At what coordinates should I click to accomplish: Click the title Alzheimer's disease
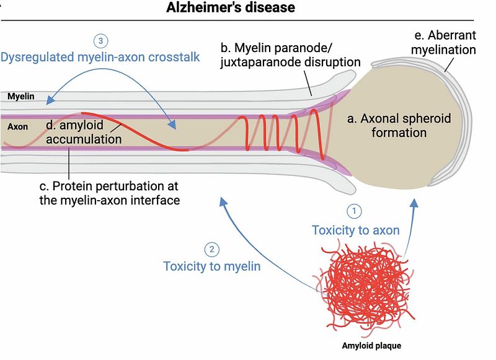click(x=231, y=8)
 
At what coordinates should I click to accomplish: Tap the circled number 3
click(x=100, y=41)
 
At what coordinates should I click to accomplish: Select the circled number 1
click(x=354, y=211)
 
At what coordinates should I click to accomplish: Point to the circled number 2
click(x=211, y=250)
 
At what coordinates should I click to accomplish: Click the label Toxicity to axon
click(x=355, y=230)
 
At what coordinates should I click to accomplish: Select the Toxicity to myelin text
click(x=212, y=267)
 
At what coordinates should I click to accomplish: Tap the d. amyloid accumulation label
click(x=83, y=133)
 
